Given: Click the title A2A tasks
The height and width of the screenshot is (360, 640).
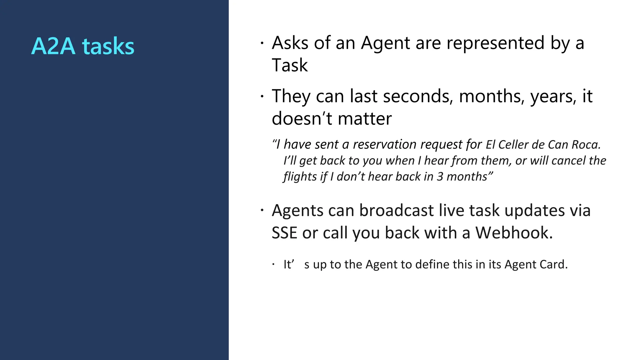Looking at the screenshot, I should click(x=83, y=46).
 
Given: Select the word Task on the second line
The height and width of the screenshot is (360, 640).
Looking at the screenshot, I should click(x=290, y=65).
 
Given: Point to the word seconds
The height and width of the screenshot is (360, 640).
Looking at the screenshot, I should click(x=418, y=96).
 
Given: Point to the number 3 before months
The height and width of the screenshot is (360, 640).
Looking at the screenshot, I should click(x=440, y=177).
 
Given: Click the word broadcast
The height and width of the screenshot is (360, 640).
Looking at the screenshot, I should click(x=396, y=210).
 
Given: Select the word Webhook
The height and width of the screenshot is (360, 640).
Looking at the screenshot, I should click(x=514, y=233).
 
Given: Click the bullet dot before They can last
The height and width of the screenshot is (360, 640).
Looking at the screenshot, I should click(x=262, y=96).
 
